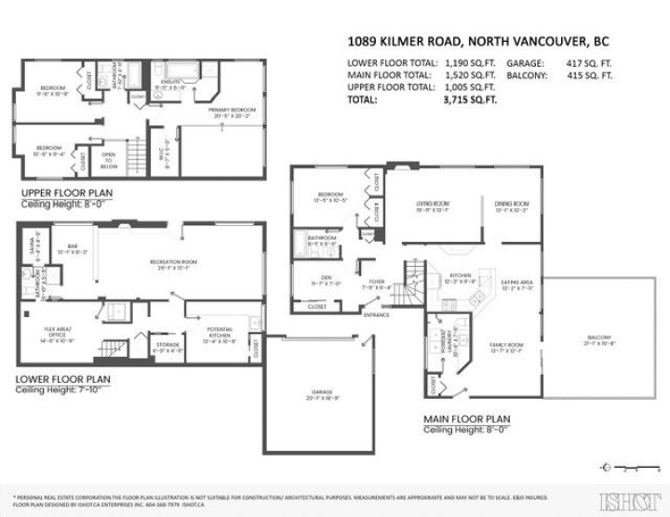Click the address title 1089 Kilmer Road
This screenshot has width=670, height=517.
point(466,42)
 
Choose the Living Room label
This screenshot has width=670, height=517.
point(433,205)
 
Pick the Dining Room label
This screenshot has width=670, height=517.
point(511,205)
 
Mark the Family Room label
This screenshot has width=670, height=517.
point(506,348)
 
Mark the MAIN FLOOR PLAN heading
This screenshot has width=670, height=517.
point(467,419)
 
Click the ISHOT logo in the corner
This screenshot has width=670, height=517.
point(624,499)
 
